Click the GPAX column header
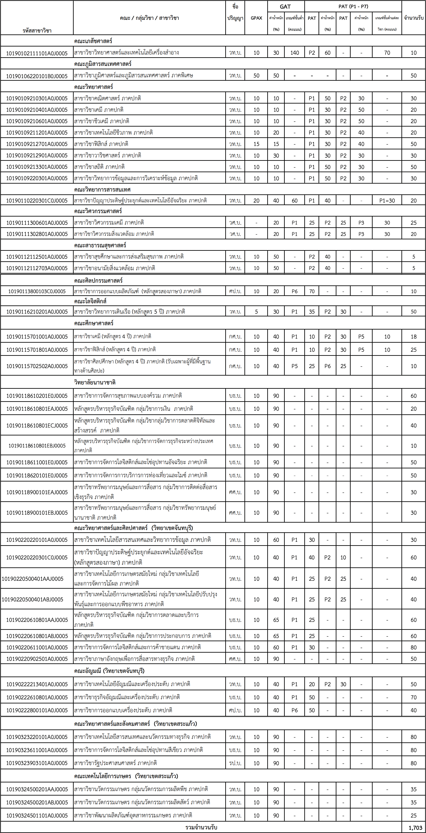click(256, 18)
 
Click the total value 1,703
click(415, 827)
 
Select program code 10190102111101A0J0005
click(37, 53)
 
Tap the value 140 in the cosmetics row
click(294, 53)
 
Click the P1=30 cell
click(387, 200)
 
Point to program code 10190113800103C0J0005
click(37, 291)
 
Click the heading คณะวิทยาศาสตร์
click(93, 87)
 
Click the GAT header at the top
click(285, 6)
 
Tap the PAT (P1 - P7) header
click(353, 6)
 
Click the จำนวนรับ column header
click(413, 18)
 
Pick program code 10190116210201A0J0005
click(37, 312)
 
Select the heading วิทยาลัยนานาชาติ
click(95, 382)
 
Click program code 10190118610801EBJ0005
click(37, 446)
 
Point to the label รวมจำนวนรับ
click(201, 827)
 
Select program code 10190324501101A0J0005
click(37, 815)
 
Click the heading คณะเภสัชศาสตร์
click(93, 41)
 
